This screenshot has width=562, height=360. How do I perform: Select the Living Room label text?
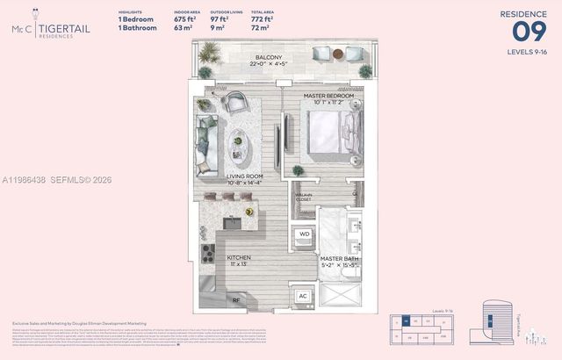click(x=245, y=176)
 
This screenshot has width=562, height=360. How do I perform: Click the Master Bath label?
click(x=337, y=259)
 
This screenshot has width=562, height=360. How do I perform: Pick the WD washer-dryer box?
click(x=304, y=234)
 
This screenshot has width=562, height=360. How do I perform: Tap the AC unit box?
click(x=304, y=296)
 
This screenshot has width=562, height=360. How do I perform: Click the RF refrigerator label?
click(x=235, y=299)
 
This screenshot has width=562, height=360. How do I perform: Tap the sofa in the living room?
click(x=207, y=145)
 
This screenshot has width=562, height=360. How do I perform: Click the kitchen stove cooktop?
click(x=209, y=254)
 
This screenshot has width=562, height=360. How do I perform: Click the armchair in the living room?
click(x=234, y=104)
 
